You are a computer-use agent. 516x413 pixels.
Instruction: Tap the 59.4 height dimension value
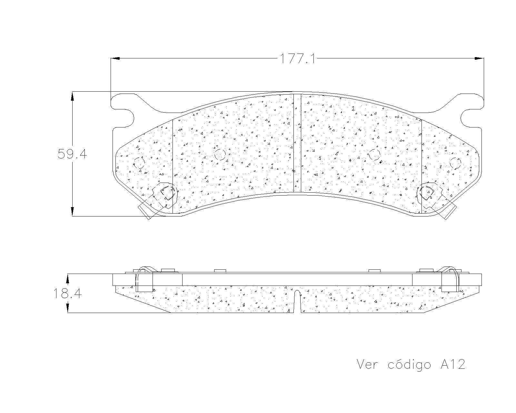click(x=72, y=154)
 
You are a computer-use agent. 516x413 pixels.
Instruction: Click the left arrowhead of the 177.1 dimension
click(x=115, y=58)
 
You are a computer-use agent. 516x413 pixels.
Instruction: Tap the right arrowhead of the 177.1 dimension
click(x=479, y=58)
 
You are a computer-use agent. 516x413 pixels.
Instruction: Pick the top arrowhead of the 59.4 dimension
click(x=73, y=96)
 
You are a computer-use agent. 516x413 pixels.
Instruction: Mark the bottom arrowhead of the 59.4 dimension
click(x=73, y=212)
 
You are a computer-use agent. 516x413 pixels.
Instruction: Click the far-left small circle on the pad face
click(x=139, y=163)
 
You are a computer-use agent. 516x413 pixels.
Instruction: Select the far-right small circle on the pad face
click(x=455, y=163)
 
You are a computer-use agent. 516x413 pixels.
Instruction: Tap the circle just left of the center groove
click(x=220, y=154)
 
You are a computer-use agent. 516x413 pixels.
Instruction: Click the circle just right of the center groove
click(x=374, y=155)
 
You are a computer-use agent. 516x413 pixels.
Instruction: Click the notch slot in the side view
click(x=298, y=301)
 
